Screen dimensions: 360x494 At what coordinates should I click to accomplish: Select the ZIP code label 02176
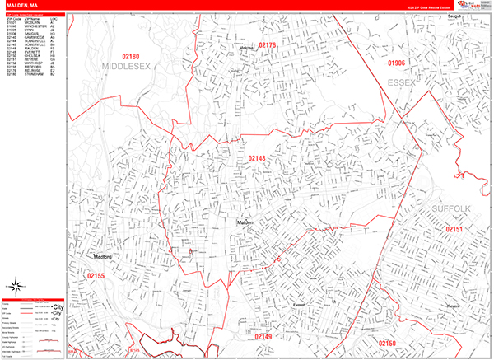point(268,45)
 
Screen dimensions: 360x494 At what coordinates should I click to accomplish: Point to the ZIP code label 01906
point(397,62)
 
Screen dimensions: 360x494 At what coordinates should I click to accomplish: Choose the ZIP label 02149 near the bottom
point(263,337)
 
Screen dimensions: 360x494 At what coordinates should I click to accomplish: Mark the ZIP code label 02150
point(387,342)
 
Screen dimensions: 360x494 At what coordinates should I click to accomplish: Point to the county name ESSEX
point(398,79)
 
